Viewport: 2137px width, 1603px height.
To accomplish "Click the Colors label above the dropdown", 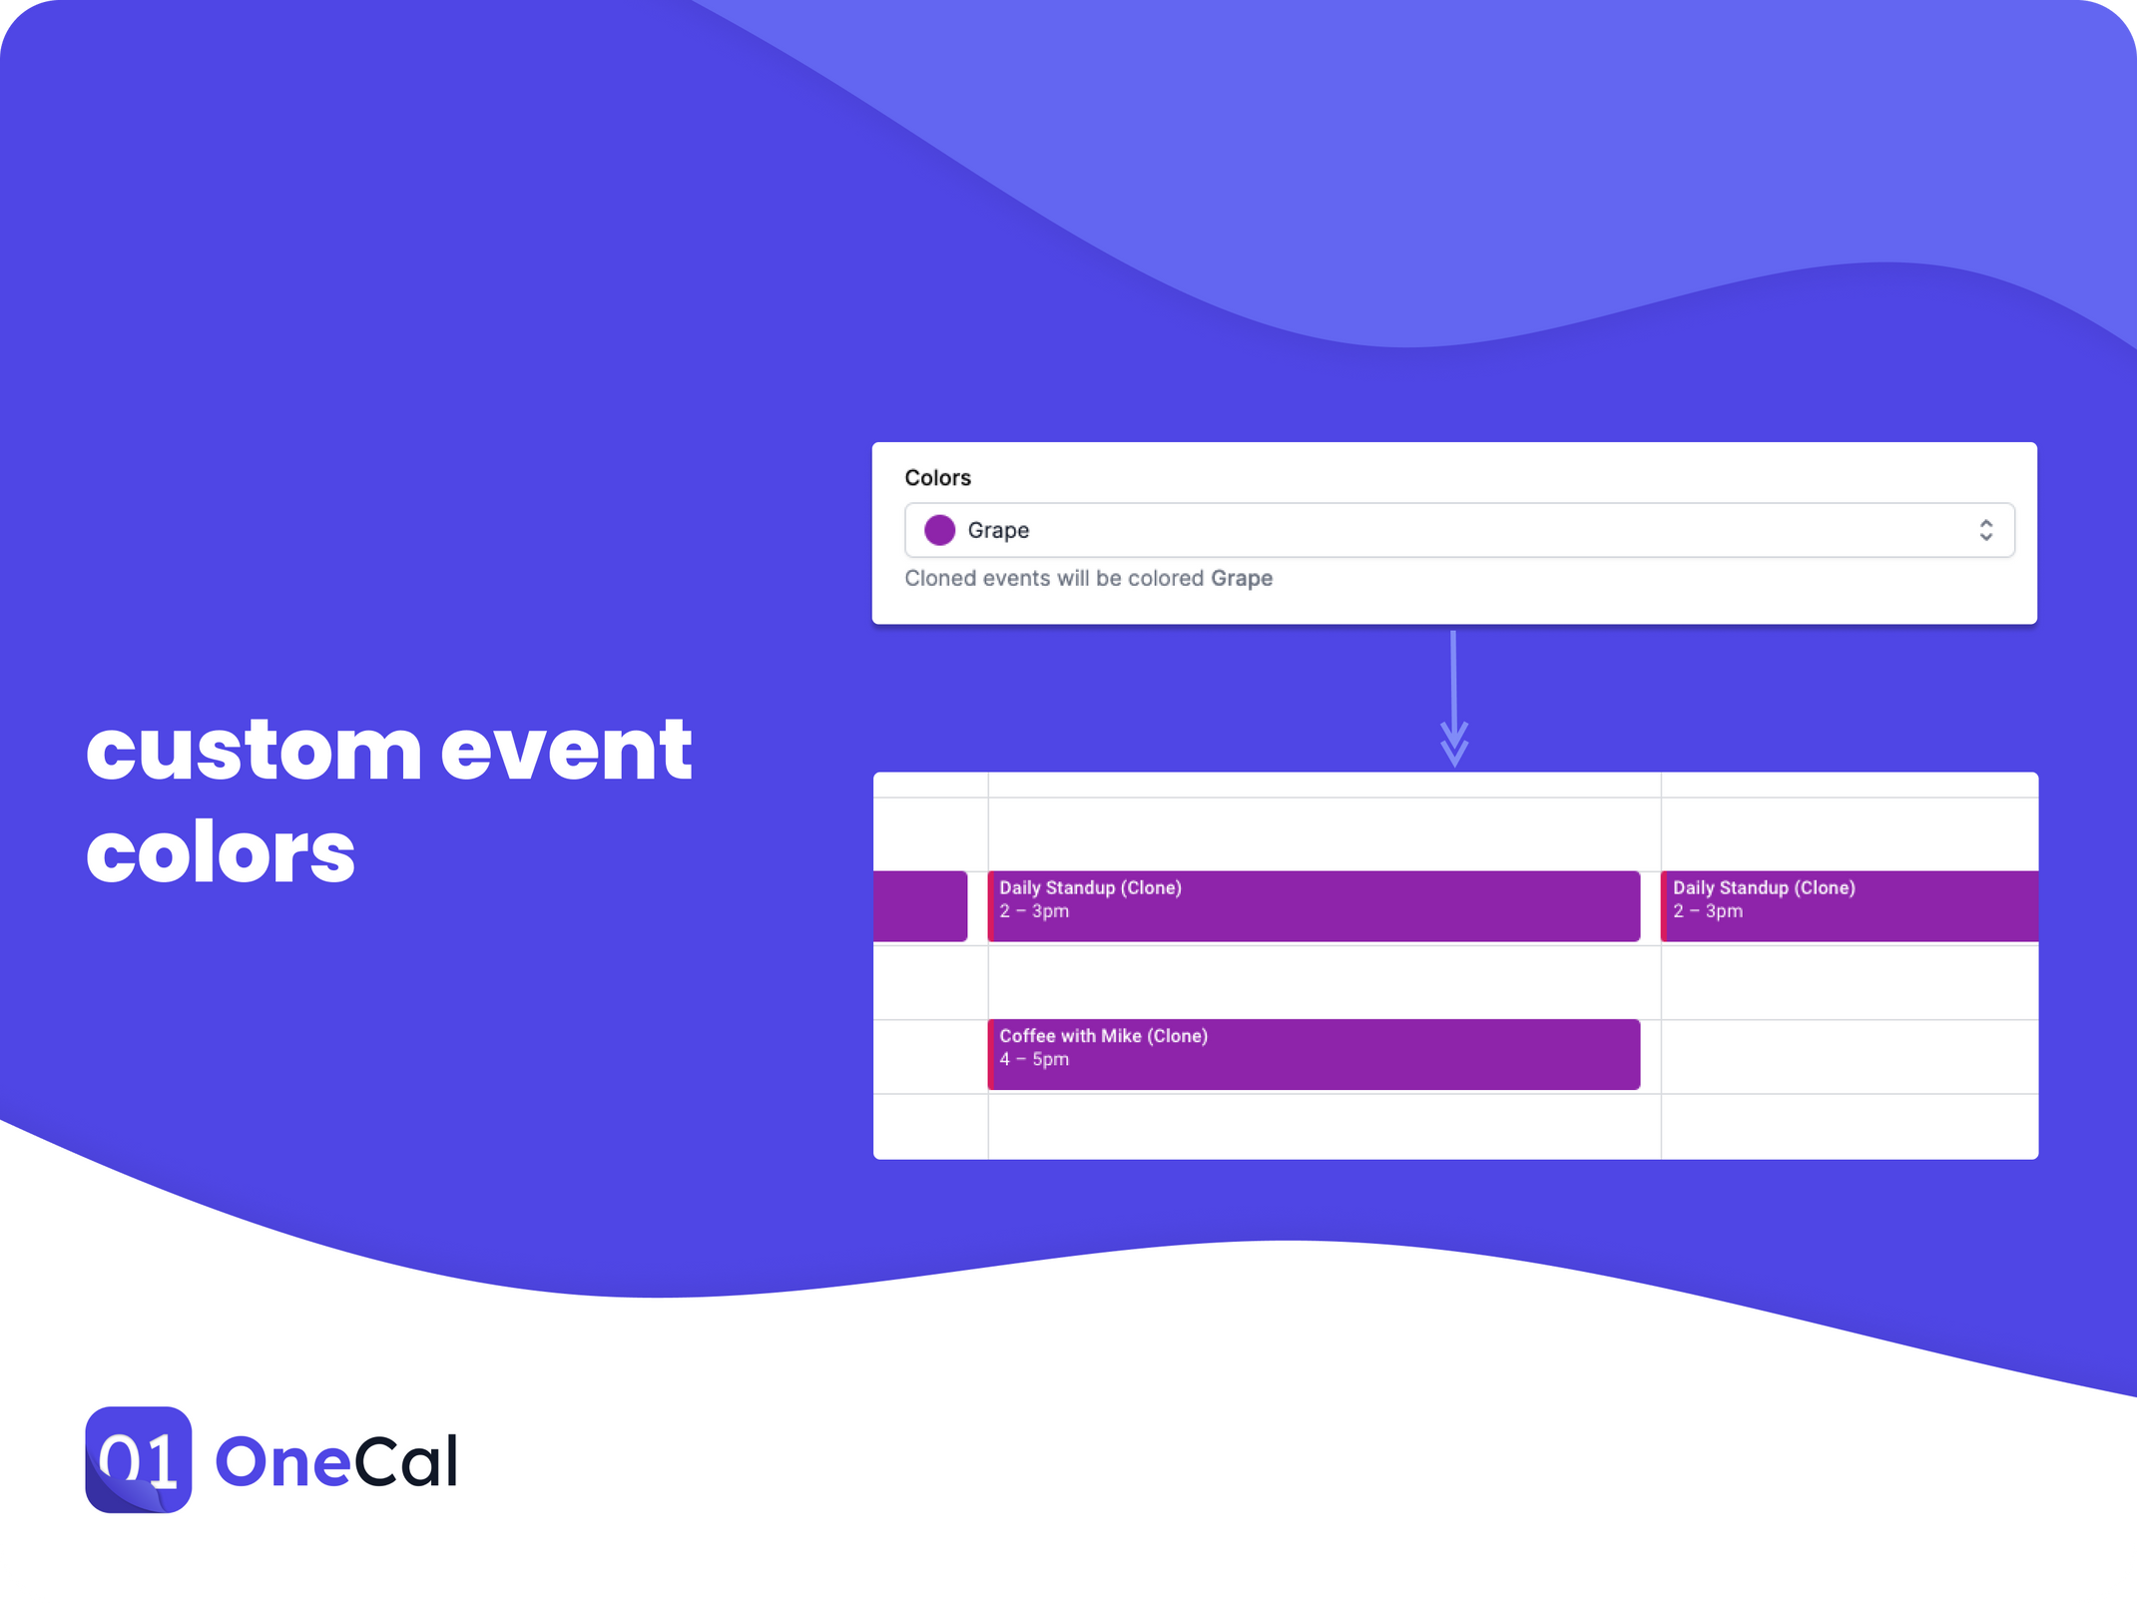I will pyautogui.click(x=937, y=478).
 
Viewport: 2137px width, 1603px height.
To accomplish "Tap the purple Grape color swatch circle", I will pyautogui.click(x=939, y=530).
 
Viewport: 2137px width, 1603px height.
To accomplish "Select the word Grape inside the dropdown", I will pyautogui.click(x=998, y=530).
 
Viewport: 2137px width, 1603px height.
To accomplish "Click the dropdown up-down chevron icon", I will pyautogui.click(x=1985, y=530).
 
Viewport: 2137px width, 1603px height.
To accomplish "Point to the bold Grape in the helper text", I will pyautogui.click(x=1241, y=579).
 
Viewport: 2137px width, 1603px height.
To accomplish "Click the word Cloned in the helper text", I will pyautogui.click(x=939, y=579).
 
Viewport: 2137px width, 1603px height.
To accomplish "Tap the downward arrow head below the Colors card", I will pyautogui.click(x=1454, y=748).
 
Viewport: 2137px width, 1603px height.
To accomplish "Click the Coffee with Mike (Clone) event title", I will pyautogui.click(x=1103, y=1036).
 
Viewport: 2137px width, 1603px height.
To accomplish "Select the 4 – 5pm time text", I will pyautogui.click(x=1034, y=1060).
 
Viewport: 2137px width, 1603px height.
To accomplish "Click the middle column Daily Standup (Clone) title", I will pyautogui.click(x=1090, y=888).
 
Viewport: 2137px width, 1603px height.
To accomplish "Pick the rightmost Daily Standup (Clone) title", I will pyautogui.click(x=1764, y=888).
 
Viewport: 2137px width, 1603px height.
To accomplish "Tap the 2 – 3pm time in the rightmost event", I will pyautogui.click(x=1708, y=911).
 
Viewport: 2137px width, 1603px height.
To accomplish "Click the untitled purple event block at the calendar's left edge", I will pyautogui.click(x=919, y=905).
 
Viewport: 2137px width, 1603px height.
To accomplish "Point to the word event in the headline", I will pyautogui.click(x=566, y=751).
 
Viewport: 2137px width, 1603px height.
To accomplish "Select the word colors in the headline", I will pyautogui.click(x=221, y=854).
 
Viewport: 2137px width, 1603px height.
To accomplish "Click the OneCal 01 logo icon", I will pyautogui.click(x=139, y=1459).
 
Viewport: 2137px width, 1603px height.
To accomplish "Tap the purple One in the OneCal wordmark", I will pyautogui.click(x=282, y=1461).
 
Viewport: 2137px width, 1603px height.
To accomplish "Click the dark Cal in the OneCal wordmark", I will pyautogui.click(x=405, y=1461).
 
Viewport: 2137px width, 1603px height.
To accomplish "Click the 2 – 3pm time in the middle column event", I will pyautogui.click(x=1034, y=911).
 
